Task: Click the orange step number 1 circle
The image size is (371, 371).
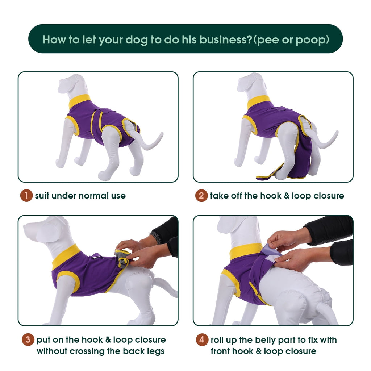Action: (26, 196)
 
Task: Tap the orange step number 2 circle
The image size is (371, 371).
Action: (201, 196)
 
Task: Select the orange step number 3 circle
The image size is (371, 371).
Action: (28, 339)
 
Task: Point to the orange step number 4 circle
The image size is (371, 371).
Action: (202, 339)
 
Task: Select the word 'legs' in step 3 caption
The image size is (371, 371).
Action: (155, 351)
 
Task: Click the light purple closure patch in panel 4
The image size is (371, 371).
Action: (273, 253)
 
